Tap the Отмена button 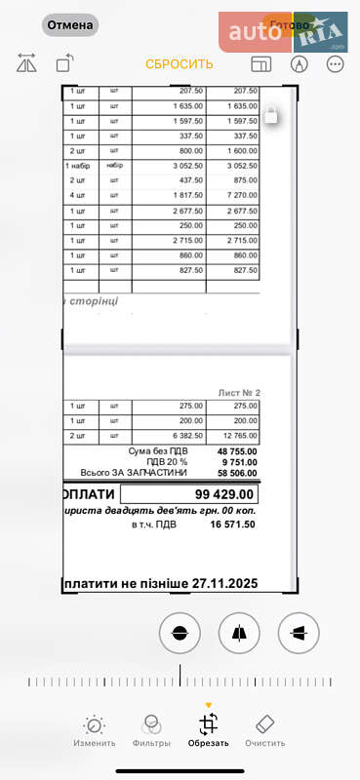[70, 25]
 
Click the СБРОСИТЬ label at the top [180, 64]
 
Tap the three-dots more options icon [336, 64]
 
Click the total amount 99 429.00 [225, 494]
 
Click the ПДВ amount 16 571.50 [234, 525]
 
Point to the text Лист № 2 [238, 393]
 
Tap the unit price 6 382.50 [179, 436]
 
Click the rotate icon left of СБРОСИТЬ [64, 64]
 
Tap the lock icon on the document [272, 116]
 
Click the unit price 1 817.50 [179, 196]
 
